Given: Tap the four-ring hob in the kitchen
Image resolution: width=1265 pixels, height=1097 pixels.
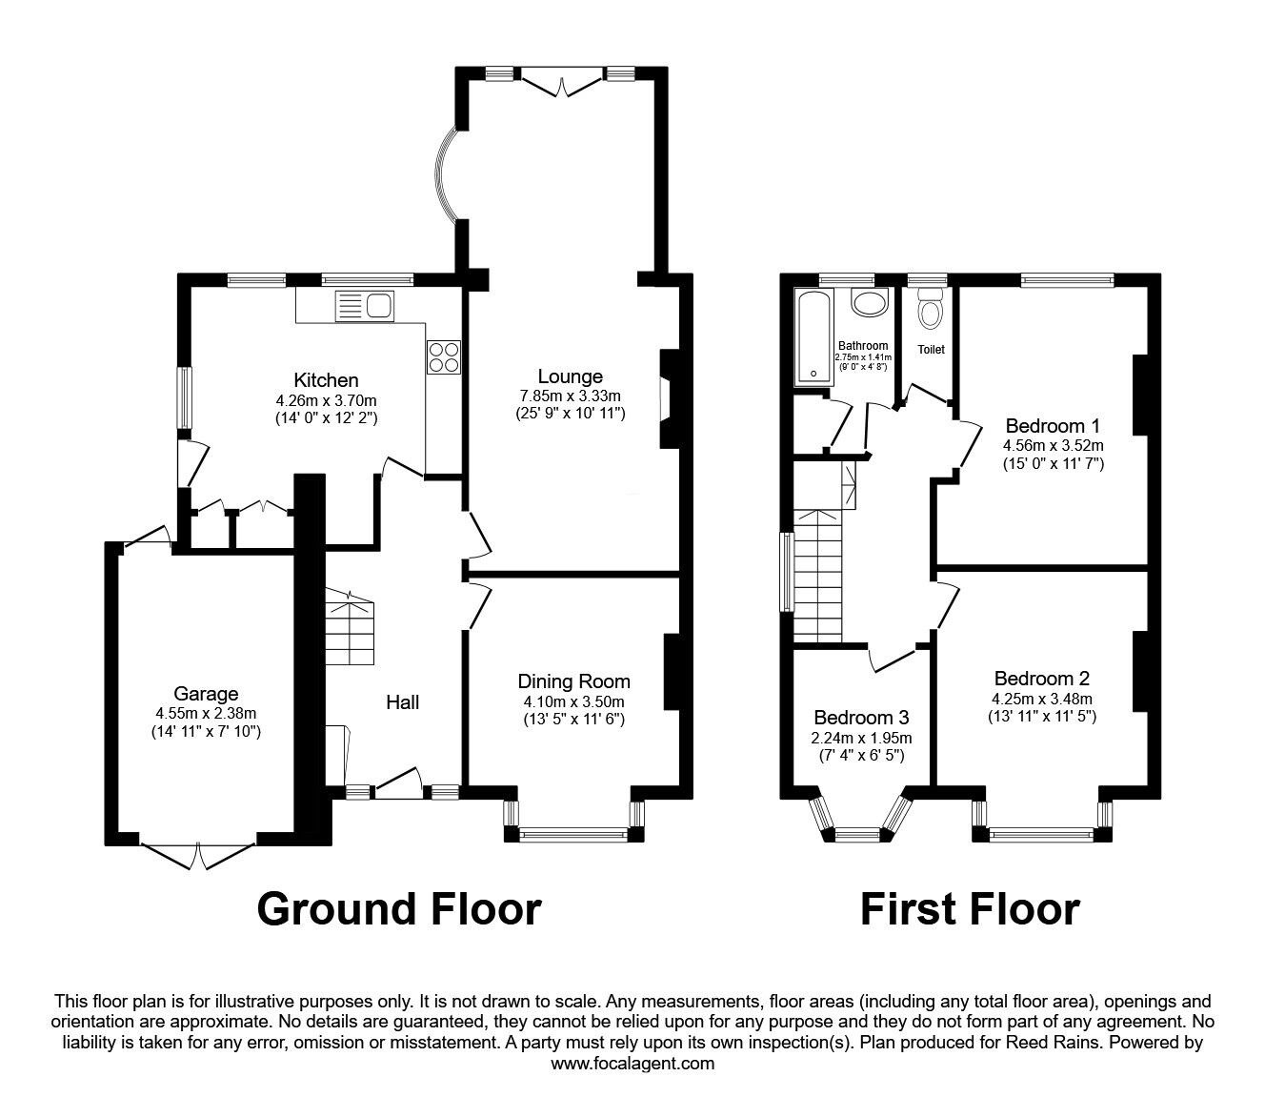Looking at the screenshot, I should pyautogui.click(x=443, y=356).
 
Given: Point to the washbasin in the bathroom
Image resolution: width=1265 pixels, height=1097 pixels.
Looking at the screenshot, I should pyautogui.click(x=868, y=303).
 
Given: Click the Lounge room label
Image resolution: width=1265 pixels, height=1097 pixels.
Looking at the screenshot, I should pyautogui.click(x=570, y=376).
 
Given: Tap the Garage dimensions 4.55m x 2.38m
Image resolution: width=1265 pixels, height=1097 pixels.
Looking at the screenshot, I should pyautogui.click(x=206, y=712).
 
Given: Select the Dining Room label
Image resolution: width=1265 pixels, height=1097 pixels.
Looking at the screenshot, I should pyautogui.click(x=573, y=681).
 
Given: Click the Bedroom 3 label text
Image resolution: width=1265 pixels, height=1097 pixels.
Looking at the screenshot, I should pyautogui.click(x=861, y=717).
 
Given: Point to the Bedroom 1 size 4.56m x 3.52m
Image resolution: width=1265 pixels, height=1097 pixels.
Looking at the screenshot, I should pyautogui.click(x=1053, y=445).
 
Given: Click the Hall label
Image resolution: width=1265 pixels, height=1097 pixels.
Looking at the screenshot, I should pyautogui.click(x=402, y=702).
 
